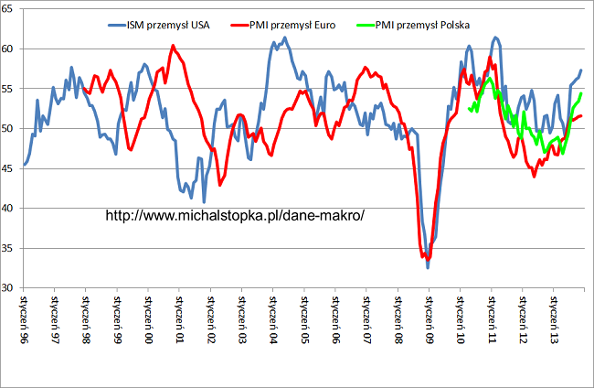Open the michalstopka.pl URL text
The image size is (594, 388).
tap(236, 216)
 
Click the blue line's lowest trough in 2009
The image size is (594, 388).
tap(428, 266)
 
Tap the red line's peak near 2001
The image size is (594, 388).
tap(173, 46)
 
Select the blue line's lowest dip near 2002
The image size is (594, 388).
tap(204, 201)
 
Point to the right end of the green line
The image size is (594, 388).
tap(582, 94)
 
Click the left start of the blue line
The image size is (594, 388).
tap(24, 166)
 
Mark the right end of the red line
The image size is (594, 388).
tap(582, 115)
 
